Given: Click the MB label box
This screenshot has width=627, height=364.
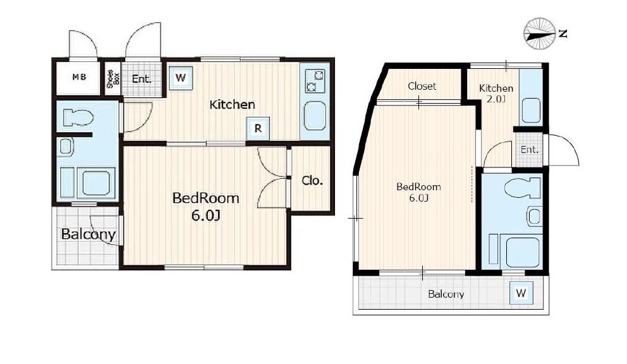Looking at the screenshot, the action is coord(79,77).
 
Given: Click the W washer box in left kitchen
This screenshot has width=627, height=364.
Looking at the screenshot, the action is coord(181,78).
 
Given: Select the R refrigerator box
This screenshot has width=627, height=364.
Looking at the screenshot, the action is coord(258,128).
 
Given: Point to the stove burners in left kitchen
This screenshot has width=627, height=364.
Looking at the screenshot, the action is coord(315,81).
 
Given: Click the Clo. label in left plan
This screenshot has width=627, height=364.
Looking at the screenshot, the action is coord(312,181).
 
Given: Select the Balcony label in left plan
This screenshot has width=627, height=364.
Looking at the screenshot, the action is coord(88,234).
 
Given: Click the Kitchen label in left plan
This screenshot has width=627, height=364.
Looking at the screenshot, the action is coord(233,105).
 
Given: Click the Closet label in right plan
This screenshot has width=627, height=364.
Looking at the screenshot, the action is coord(422,86).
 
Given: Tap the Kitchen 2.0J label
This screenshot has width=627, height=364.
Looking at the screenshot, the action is coord(496,93).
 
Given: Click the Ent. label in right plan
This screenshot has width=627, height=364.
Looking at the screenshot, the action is coord(530,150).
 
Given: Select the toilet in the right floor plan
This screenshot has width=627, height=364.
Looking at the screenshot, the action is coord(522,188).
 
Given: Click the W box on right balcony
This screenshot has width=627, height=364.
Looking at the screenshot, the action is coord(521,293).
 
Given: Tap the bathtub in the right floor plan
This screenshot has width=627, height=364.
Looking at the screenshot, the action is coord(523,252).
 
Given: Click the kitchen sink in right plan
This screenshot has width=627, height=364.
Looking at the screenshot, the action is coord(532,111).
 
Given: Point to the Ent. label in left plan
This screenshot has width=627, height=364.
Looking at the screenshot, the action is coord(142,79).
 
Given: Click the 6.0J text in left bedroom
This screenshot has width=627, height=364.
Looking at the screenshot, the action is coord(205,216).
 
